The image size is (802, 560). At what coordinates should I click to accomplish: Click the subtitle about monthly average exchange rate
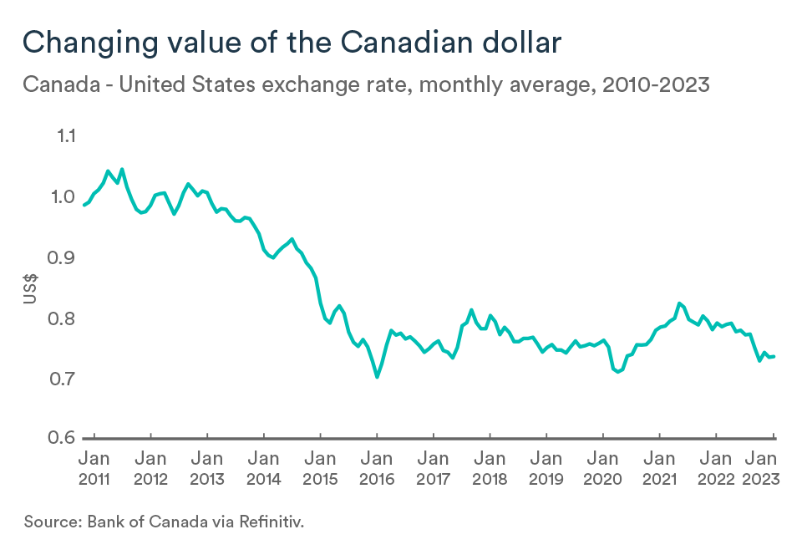click(x=367, y=84)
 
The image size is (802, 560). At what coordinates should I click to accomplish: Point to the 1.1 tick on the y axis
click(x=63, y=136)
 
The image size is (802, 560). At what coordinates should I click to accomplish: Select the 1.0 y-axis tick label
click(x=63, y=197)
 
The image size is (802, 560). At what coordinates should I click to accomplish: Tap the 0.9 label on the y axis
click(x=63, y=257)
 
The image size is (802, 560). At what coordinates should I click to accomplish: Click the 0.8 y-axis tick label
click(x=63, y=318)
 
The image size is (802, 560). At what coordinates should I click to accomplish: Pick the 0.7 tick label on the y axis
click(x=63, y=379)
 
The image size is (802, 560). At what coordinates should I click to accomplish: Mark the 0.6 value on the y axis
click(x=63, y=439)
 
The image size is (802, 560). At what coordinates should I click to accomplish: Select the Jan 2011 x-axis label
click(x=94, y=468)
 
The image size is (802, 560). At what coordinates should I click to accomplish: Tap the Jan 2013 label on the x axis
click(x=206, y=468)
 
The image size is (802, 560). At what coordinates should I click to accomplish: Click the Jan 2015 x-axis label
click(x=320, y=468)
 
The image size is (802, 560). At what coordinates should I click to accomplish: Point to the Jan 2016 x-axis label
click(x=377, y=468)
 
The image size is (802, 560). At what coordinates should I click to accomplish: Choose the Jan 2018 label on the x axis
click(x=490, y=468)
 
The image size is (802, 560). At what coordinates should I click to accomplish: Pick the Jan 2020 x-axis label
click(x=602, y=468)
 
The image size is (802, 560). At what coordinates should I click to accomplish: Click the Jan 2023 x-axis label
click(x=763, y=468)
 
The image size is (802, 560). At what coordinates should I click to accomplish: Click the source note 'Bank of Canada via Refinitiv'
click(x=165, y=522)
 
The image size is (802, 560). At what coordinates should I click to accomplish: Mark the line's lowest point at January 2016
click(x=377, y=377)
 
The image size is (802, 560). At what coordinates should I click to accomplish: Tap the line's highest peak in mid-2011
click(x=122, y=169)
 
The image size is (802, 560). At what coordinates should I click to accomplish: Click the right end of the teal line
click(x=774, y=356)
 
